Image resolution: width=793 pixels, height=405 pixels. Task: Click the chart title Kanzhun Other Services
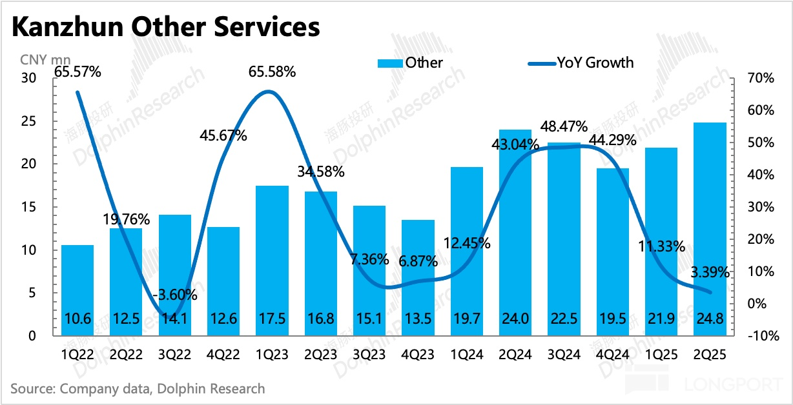coord(165,28)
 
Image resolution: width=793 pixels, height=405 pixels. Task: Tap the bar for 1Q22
coord(77,290)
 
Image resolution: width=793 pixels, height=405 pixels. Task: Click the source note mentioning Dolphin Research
coord(138,388)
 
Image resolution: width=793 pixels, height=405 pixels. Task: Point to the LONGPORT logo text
coord(734,385)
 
